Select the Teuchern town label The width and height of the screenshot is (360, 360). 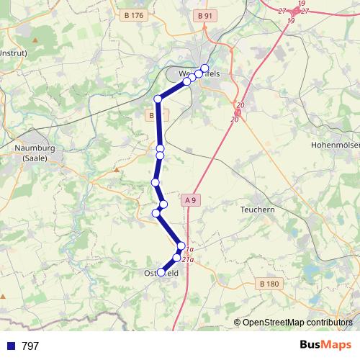(x=257, y=209)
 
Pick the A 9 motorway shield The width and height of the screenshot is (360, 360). (x=190, y=199)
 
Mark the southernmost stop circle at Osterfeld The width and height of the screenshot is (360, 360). (x=161, y=272)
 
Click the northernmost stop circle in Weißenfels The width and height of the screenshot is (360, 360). (x=204, y=68)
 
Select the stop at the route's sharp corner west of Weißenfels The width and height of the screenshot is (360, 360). (x=158, y=99)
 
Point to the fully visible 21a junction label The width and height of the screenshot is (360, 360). (x=188, y=259)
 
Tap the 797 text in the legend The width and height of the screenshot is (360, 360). (x=30, y=346)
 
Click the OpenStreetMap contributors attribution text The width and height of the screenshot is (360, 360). (x=297, y=322)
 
